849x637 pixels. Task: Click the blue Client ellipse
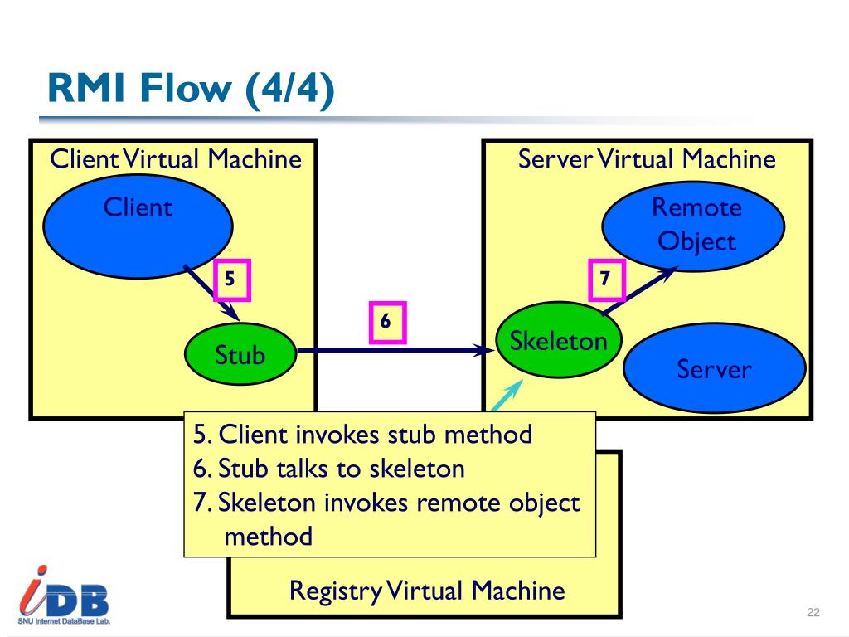tap(138, 226)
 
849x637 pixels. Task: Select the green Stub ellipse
tap(240, 353)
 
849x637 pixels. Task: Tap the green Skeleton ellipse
tap(558, 339)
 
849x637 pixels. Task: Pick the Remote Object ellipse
tap(694, 226)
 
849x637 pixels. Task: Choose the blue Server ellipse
tap(715, 367)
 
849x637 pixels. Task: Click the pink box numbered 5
tap(232, 280)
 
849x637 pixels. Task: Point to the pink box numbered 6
tap(387, 323)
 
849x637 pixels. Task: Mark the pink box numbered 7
tap(606, 280)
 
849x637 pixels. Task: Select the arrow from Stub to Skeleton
tap(395, 351)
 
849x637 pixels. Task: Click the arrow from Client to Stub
tap(211, 293)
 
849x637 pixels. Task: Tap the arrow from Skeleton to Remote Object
tap(639, 290)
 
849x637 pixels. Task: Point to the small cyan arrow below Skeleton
tap(507, 396)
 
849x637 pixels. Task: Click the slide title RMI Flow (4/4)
tap(191, 88)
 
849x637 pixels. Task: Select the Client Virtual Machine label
tap(176, 159)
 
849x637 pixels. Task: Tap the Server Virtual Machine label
tap(647, 159)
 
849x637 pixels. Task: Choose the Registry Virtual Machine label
tap(427, 591)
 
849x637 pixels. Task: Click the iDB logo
tap(64, 596)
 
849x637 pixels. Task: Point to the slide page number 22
tap(813, 612)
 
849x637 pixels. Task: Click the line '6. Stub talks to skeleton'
tap(328, 469)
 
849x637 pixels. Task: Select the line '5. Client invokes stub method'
tap(362, 435)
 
